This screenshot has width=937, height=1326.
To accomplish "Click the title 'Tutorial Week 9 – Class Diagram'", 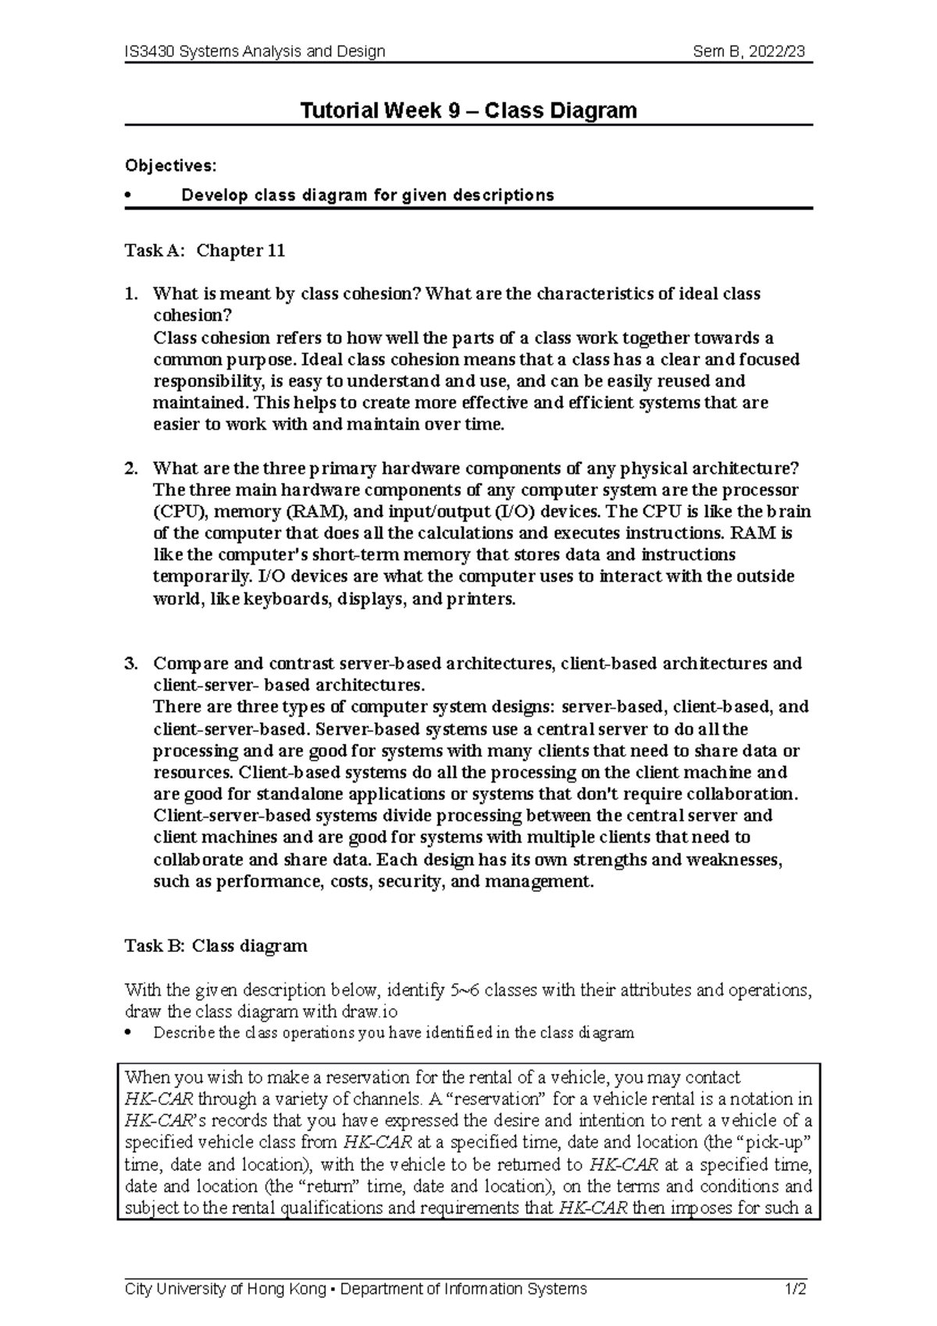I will [468, 110].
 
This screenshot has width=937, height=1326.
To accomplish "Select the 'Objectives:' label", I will [170, 166].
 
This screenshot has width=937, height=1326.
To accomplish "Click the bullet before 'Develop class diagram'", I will [129, 195].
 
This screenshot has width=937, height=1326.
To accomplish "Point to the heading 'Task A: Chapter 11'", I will [205, 251].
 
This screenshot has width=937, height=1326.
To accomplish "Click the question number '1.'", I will [131, 294].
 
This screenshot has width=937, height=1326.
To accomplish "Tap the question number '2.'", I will [131, 469].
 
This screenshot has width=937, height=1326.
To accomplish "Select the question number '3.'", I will [131, 664].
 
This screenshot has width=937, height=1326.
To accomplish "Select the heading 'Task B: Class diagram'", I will [216, 946].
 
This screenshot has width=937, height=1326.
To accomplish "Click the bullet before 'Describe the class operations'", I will [129, 1033].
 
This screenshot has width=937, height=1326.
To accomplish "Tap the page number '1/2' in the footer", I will [796, 1289].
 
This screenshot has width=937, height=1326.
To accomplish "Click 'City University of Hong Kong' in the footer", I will [225, 1289].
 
